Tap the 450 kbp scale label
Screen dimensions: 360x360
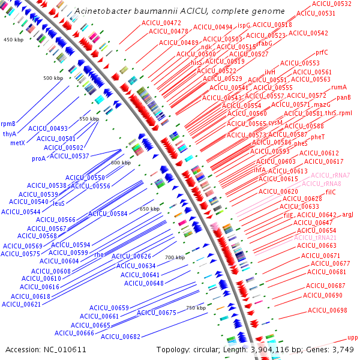[13, 40]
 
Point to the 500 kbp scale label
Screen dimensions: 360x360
[53, 79]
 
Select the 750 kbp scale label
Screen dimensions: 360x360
[196, 308]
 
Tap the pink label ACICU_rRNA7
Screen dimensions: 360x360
[331, 175]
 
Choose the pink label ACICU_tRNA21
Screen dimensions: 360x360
[315, 238]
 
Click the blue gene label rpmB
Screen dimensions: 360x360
[8, 124]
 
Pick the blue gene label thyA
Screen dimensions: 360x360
[10, 134]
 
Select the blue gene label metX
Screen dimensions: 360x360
[17, 143]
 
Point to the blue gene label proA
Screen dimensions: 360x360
[38, 159]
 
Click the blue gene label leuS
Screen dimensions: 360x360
[59, 203]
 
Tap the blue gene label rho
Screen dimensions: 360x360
[99, 254]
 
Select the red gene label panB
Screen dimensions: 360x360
[343, 97]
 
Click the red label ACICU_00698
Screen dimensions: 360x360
[327, 310]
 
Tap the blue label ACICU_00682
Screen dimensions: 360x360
[121, 337]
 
